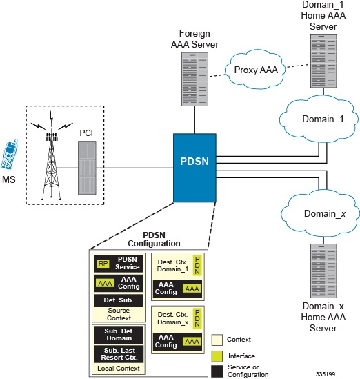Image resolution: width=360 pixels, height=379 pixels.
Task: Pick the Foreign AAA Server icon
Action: pyautogui.click(x=195, y=79)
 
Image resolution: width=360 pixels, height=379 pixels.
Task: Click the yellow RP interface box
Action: pyautogui.click(x=103, y=264)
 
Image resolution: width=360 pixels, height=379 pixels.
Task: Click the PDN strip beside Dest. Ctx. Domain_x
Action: pyautogui.click(x=197, y=318)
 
